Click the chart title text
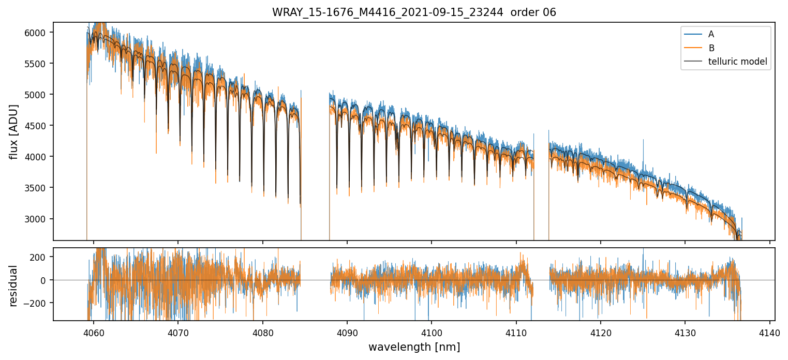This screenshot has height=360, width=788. (414, 12)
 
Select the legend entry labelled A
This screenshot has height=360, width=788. (711, 34)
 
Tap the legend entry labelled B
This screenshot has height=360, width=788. (711, 48)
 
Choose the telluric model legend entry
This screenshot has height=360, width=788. (737, 62)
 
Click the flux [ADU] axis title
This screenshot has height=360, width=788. (14, 132)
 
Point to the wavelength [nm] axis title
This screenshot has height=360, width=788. (414, 347)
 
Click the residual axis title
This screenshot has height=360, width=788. (14, 286)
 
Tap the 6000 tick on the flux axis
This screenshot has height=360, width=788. (39, 33)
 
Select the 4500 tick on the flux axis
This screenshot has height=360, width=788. (39, 126)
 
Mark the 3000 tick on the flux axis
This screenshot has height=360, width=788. (39, 219)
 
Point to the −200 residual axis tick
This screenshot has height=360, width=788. (39, 303)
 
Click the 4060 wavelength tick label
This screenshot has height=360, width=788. (93, 332)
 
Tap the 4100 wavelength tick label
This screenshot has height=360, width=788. (432, 332)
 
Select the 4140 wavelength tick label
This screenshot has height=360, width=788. (769, 332)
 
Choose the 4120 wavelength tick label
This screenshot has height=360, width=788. (601, 332)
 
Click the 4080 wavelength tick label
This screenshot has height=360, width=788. (262, 332)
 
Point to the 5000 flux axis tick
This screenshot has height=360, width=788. (39, 95)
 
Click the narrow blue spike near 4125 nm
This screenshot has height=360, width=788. (644, 141)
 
